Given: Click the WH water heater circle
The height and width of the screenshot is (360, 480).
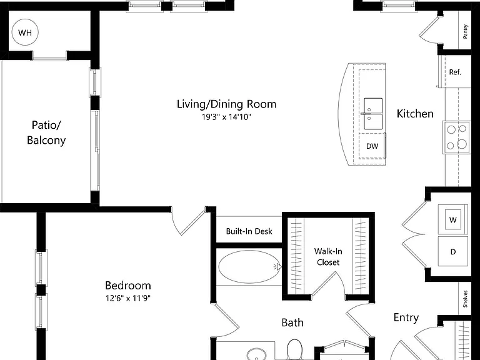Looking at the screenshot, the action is (25, 32).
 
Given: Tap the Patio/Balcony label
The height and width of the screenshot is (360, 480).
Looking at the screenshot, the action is (46, 132).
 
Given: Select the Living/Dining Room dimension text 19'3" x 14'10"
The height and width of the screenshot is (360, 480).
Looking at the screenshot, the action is (226, 117).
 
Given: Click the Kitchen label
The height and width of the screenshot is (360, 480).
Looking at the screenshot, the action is (415, 114).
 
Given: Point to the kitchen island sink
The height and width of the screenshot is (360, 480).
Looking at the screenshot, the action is (373, 114).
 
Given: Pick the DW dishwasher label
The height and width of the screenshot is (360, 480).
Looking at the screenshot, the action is (372, 146).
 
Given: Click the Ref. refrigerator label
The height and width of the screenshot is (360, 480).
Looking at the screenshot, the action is (455, 72).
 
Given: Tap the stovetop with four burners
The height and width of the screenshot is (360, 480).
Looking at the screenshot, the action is (456, 137).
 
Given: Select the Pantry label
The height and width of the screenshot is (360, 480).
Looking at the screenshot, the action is (465, 31).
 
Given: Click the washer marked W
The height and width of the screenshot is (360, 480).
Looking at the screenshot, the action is (452, 219).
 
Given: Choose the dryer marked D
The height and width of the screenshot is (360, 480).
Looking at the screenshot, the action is (452, 251).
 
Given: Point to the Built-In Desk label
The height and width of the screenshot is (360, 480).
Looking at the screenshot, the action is (249, 231).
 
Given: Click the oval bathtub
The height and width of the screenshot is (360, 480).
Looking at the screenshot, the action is (249, 267).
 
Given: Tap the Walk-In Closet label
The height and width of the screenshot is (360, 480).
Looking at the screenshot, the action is (328, 257).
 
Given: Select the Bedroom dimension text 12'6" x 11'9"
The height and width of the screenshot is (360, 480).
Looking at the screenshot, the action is (128, 298).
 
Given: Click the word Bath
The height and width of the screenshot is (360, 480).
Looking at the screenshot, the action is (292, 322).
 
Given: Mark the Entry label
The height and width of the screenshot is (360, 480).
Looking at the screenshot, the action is (406, 317).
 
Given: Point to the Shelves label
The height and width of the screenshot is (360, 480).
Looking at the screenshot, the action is (465, 299).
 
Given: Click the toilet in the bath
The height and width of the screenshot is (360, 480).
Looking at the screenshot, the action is (294, 349).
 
